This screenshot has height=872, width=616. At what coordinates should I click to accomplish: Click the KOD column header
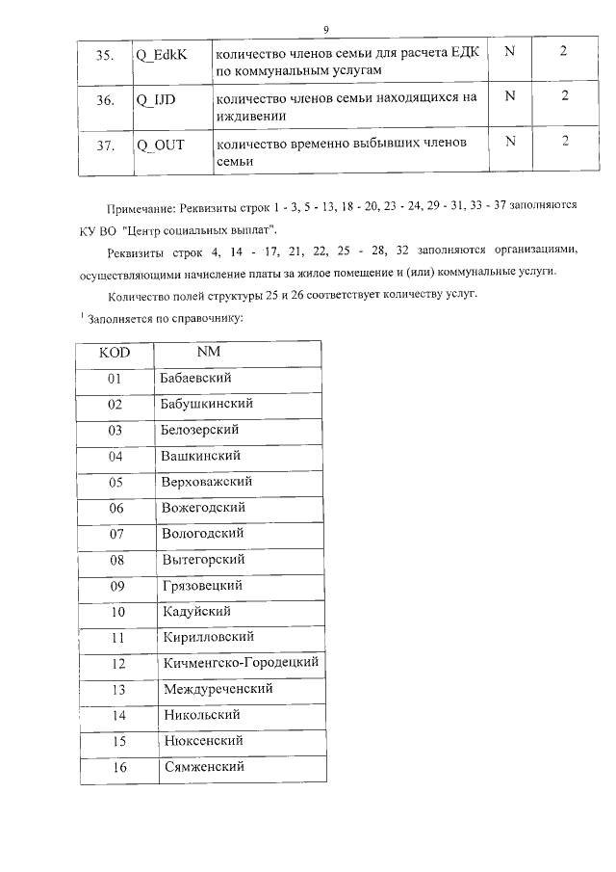[115, 353]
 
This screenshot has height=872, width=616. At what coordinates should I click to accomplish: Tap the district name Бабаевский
[196, 378]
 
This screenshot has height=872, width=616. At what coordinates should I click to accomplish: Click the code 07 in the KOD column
[116, 534]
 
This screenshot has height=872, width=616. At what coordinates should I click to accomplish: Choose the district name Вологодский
[202, 533]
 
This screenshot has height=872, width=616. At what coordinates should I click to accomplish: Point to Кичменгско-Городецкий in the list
[240, 663]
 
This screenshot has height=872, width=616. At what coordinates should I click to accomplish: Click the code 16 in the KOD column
[119, 768]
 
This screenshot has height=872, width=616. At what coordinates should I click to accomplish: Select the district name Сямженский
[203, 767]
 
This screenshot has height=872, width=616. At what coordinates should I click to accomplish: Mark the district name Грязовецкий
[203, 585]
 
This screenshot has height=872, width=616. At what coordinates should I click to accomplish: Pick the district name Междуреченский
[218, 689]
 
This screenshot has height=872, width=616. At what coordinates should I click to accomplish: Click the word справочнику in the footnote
[193, 317]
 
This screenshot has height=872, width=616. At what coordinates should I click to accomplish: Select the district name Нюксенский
[203, 741]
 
